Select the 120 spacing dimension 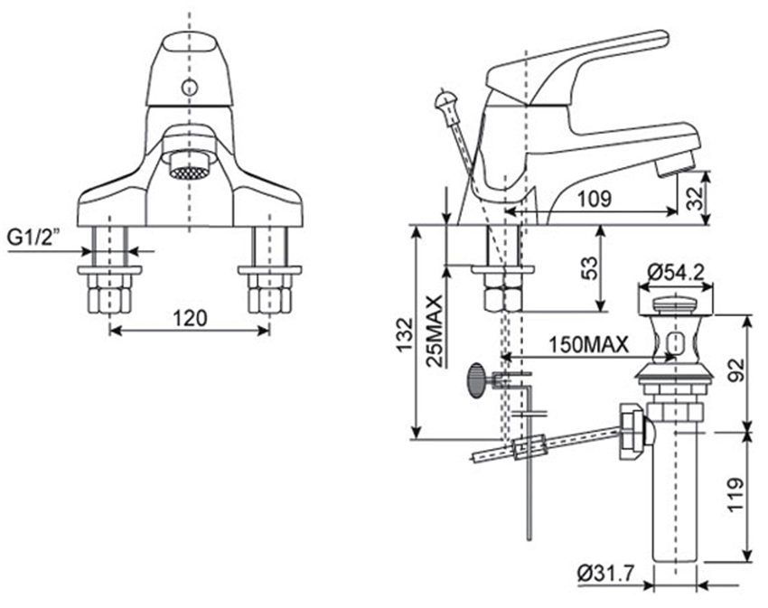(191, 318)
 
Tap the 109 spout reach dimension (594, 197)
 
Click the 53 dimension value (588, 268)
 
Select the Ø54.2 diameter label (678, 270)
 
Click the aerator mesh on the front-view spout (189, 171)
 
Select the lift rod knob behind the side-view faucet (444, 99)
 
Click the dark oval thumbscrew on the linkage (475, 380)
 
